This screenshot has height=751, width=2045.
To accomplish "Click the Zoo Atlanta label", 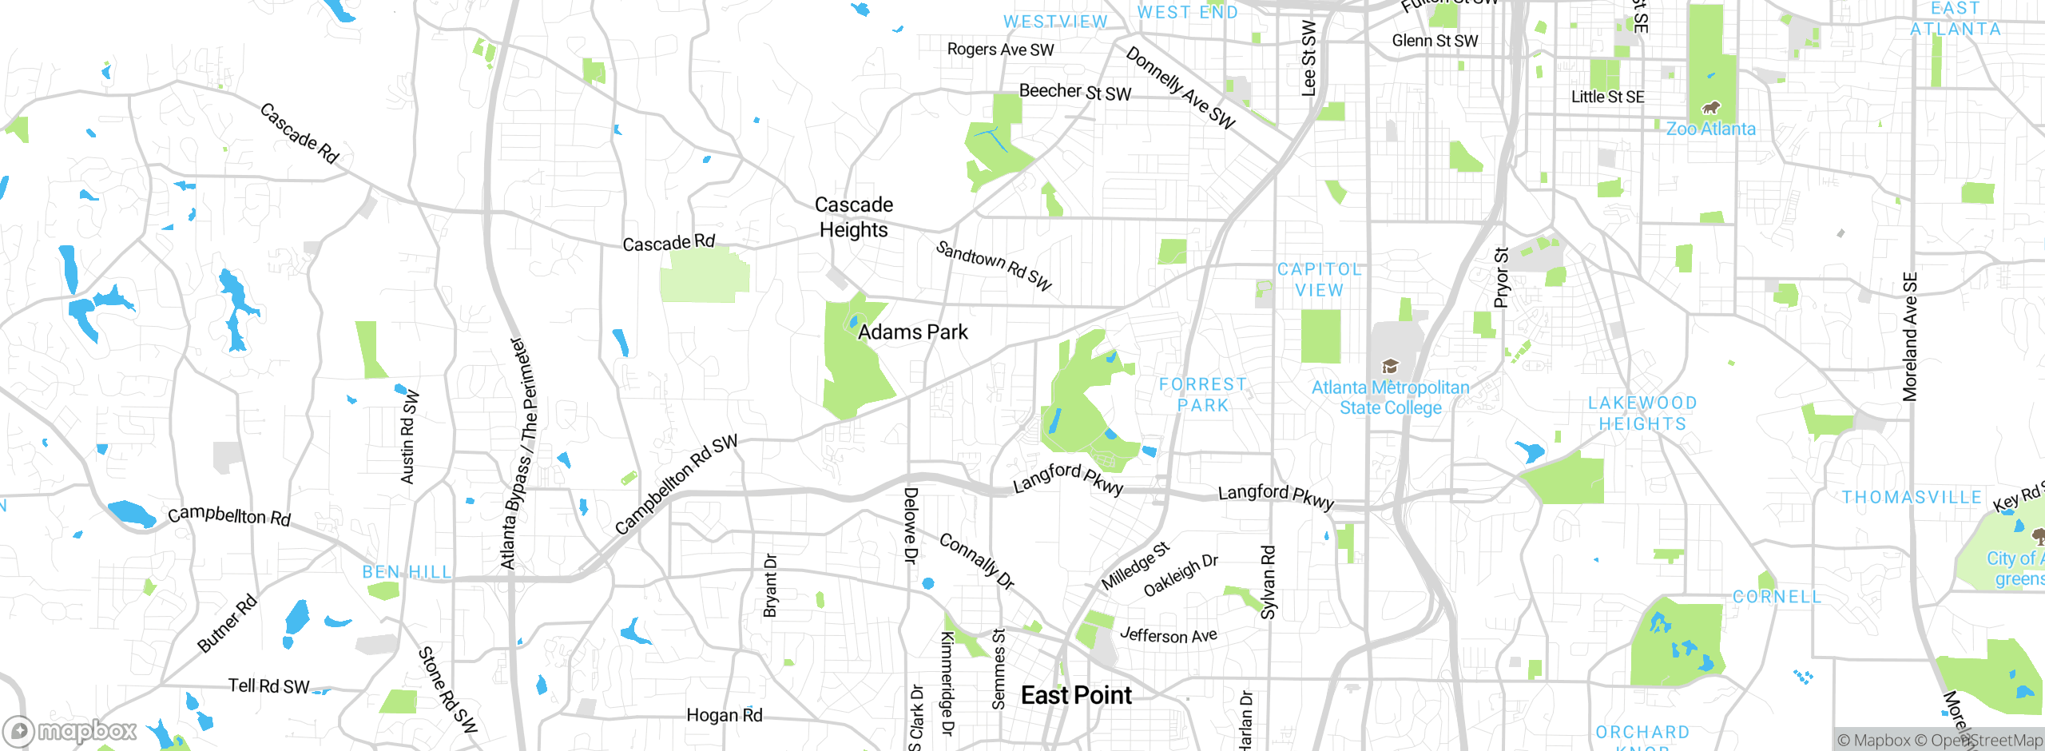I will (x=1710, y=129).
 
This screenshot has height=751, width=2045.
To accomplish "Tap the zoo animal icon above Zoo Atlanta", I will (x=1710, y=107).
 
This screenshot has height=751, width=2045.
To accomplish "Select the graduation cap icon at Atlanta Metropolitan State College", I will (x=1390, y=367).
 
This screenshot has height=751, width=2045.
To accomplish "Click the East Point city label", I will (x=1076, y=695).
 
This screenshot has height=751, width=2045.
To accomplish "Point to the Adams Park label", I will (x=912, y=332).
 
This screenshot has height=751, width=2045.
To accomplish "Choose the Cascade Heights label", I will (x=853, y=217).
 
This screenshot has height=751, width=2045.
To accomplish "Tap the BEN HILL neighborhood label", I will (x=407, y=572).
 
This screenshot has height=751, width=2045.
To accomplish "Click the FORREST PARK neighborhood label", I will (x=1202, y=395).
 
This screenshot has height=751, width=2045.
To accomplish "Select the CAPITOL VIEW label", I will (x=1319, y=280).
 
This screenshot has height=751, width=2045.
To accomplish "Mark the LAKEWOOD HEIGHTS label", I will (x=1642, y=413).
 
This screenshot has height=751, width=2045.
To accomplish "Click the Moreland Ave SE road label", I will (x=1910, y=336).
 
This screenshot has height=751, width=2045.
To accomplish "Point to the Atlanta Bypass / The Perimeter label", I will (x=519, y=453).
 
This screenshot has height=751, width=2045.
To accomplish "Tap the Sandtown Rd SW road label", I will (x=994, y=265).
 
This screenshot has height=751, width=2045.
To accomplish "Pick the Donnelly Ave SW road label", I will (x=1180, y=88).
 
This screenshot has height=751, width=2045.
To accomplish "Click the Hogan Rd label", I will (x=725, y=715).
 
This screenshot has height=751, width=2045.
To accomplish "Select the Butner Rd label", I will (x=227, y=623).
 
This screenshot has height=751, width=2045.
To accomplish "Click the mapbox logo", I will (x=70, y=731).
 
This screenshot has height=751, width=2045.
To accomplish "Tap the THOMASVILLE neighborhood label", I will (x=1912, y=498).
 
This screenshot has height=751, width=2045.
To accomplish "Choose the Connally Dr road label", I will (x=976, y=561).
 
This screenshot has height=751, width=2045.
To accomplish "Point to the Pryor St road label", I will (x=1502, y=277).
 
